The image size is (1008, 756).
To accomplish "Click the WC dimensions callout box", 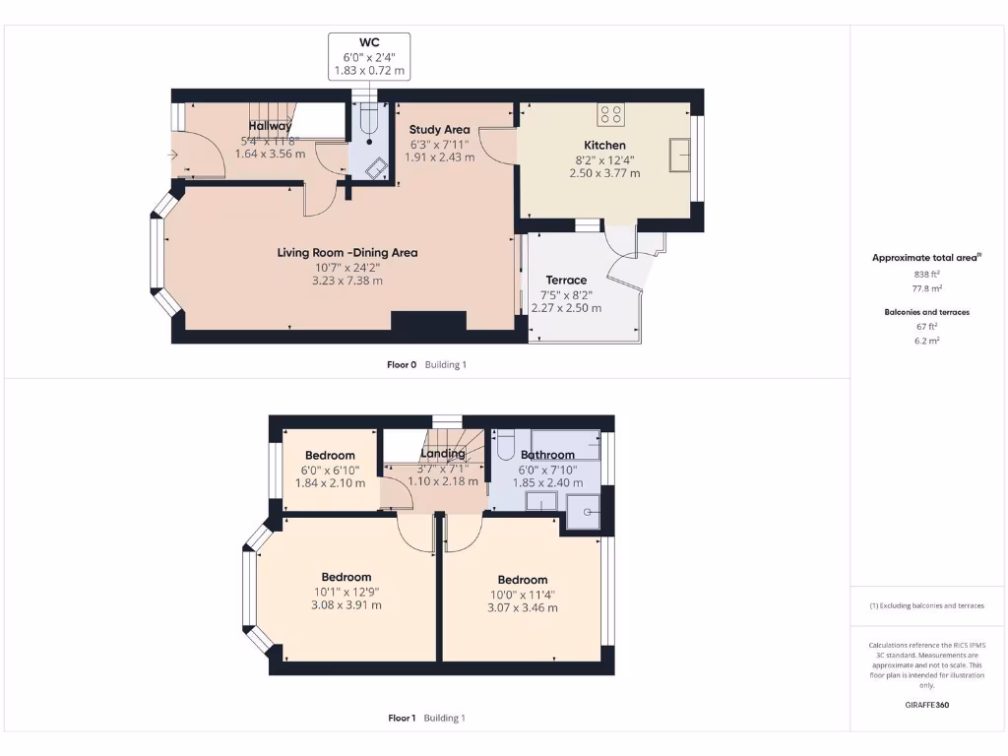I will point(369,56).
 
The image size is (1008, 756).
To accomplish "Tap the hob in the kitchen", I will point(609,114).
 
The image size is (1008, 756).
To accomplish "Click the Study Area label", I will point(439,129).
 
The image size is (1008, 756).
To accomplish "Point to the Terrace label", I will point(566,281).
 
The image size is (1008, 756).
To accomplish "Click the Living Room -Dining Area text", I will point(346,253).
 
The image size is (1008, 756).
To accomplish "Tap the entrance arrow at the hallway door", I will point(175,156).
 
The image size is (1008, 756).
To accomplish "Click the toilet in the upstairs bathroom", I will point(506,448).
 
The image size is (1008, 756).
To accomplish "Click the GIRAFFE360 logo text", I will point(926,705).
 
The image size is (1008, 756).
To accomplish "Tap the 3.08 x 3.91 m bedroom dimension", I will point(346,605).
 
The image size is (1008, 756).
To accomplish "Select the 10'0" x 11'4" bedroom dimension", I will point(522,595).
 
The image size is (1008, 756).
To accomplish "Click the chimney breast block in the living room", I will point(428,323).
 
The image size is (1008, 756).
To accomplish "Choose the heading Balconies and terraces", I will point(925,312).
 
